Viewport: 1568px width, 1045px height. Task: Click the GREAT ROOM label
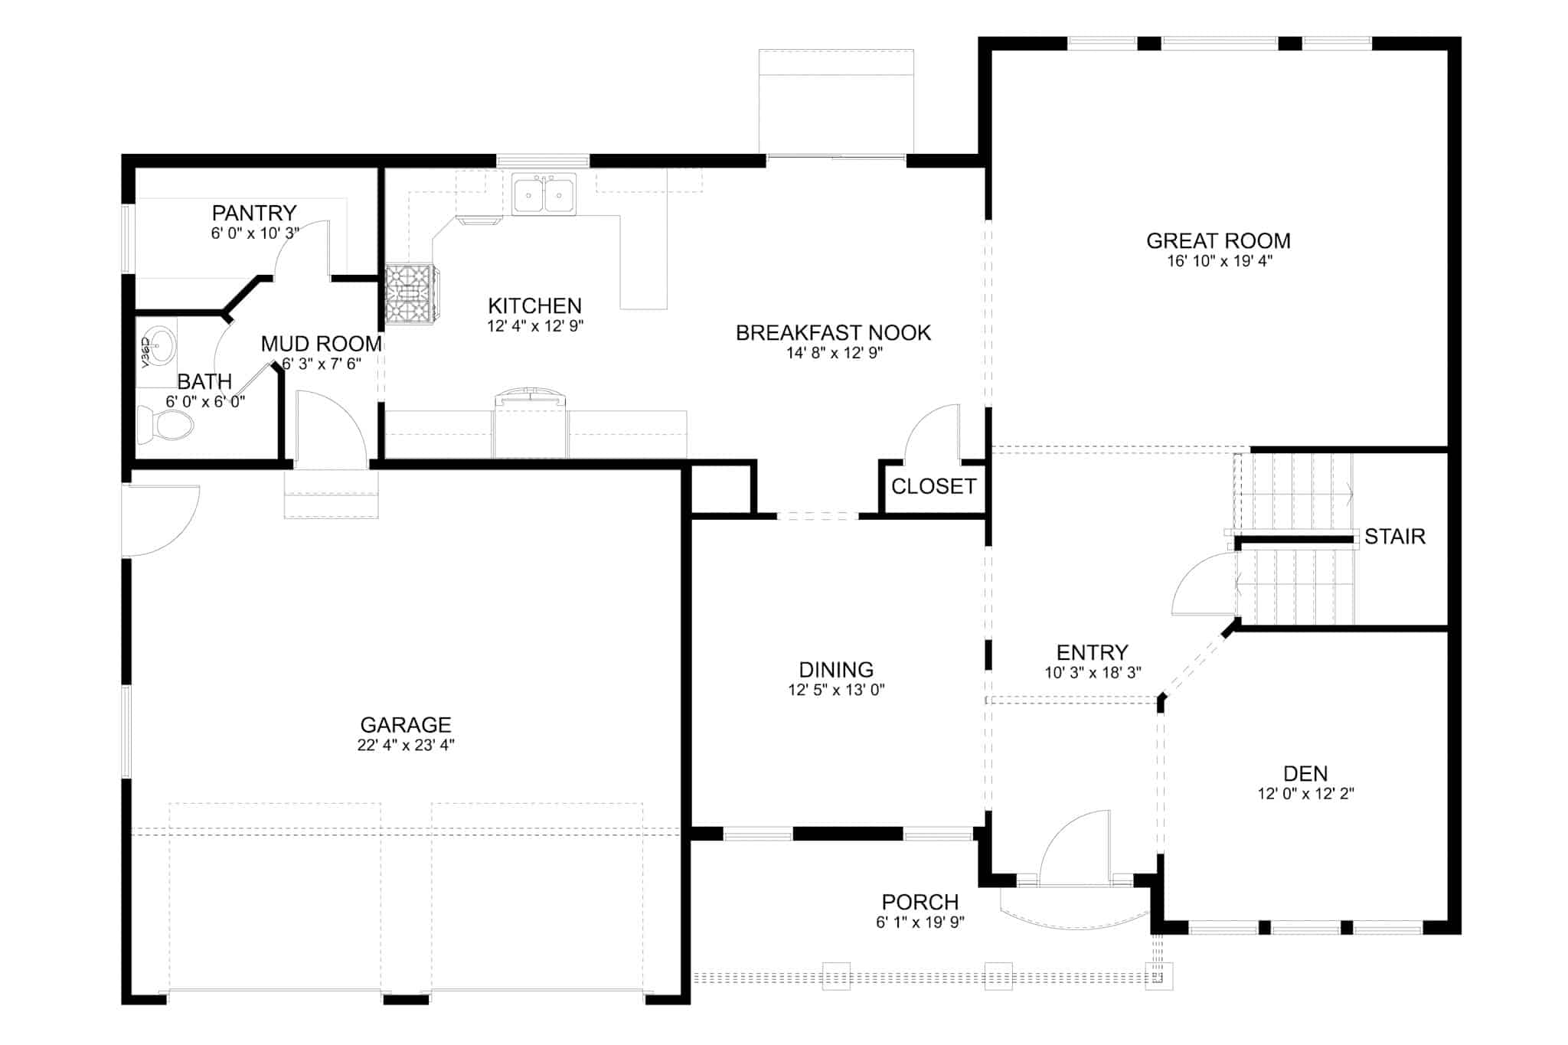pos(1218,240)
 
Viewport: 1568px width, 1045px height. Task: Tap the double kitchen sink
pos(544,194)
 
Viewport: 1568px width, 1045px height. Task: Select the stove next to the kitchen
pos(410,294)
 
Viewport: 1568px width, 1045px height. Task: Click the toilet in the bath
pos(165,425)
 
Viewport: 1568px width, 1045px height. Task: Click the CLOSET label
pos(933,486)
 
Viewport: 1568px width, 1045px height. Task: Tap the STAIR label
pos(1394,537)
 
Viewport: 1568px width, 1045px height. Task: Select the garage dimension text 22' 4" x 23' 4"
pos(406,745)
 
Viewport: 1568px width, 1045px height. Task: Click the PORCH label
pos(920,902)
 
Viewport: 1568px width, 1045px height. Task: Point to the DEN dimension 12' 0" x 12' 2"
pos(1305,794)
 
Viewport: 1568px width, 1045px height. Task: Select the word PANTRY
pos(254,212)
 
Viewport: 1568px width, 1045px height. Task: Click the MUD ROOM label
pos(322,344)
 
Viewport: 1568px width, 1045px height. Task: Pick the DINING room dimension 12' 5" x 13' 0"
pos(836,690)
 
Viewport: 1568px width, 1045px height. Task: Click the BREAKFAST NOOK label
pos(833,333)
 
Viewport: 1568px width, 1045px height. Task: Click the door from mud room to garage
pos(329,429)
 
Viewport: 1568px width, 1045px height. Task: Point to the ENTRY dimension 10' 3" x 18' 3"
pos(1093,673)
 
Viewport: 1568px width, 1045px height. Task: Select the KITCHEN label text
pos(534,305)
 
